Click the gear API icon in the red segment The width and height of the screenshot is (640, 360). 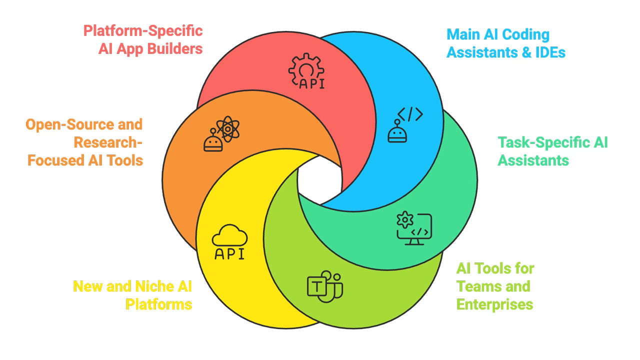pos(306,71)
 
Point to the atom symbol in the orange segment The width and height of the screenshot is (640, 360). pos(228,128)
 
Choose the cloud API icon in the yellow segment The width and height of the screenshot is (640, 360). pos(229,242)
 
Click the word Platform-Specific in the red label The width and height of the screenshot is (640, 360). pos(143,31)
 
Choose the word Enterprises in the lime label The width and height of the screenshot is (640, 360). pos(494,304)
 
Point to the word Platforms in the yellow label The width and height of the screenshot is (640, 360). pos(158,304)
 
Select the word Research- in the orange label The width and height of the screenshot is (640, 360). pos(108,142)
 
